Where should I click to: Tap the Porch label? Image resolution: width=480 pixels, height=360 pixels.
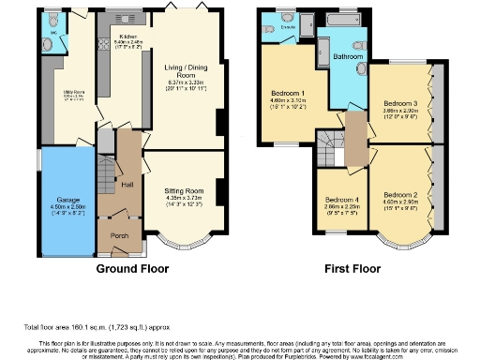coord(120,235)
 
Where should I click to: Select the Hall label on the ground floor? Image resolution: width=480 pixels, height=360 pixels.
coord(128,185)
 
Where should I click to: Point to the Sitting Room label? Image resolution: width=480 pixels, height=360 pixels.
coord(185,190)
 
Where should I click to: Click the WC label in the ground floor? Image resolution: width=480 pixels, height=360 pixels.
coord(52,34)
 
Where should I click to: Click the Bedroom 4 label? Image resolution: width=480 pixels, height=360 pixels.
coord(341,200)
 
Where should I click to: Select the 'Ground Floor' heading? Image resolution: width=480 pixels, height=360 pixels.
coord(132,267)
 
